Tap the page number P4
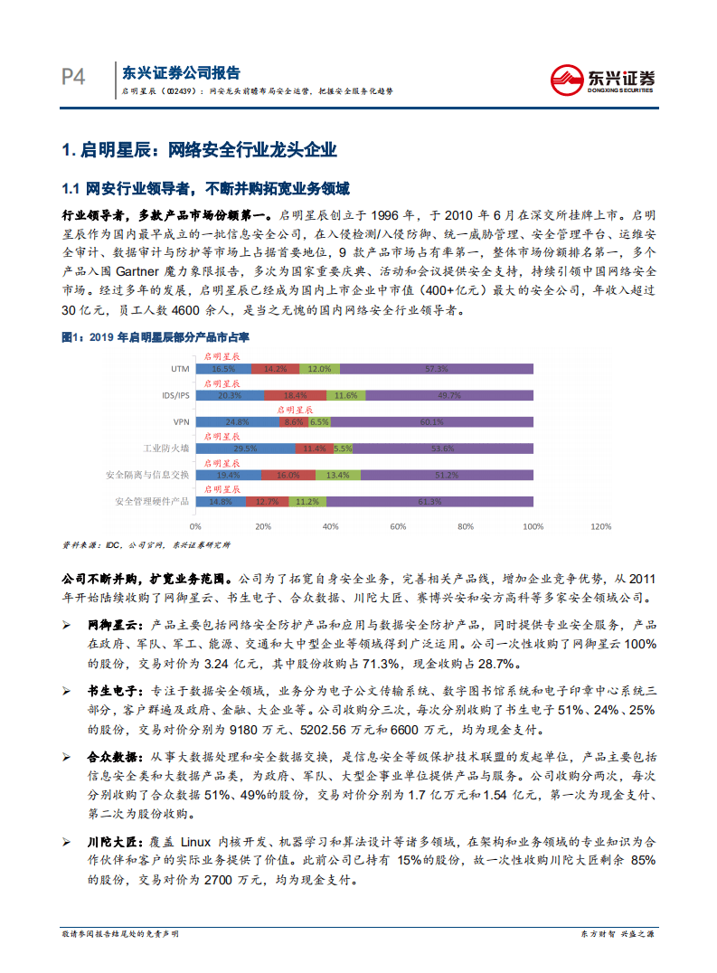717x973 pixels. [73, 78]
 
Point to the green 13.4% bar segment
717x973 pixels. [337, 475]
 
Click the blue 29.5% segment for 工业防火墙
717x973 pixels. [245, 448]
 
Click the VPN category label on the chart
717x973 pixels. [180, 421]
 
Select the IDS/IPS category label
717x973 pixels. [175, 395]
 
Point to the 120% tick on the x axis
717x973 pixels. [599, 525]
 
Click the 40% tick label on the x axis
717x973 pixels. [330, 525]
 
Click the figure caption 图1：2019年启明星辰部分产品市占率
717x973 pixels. [154, 336]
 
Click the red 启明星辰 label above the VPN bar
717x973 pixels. [295, 410]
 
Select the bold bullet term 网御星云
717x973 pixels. [114, 625]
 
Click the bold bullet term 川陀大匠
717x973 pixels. [114, 841]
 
